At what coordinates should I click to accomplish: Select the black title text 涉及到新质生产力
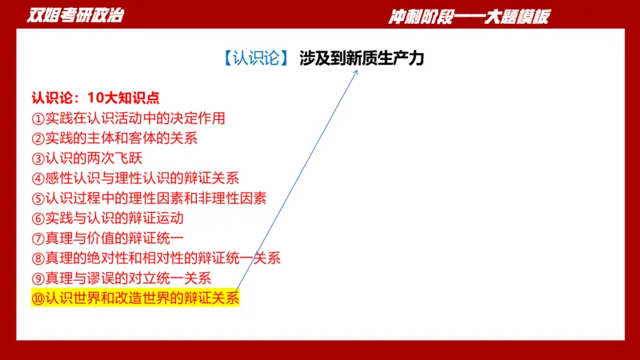pos(362,59)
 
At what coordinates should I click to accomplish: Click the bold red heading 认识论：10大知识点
pos(95,98)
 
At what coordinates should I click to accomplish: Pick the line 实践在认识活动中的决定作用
pos(128,118)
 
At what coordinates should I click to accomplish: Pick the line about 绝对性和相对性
pos(156,258)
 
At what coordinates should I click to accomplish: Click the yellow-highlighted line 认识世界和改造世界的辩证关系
pos(135,298)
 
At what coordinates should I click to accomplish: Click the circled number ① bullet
pos(38,118)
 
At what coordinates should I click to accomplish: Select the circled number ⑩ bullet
pos(38,298)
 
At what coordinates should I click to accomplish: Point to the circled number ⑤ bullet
pos(38,198)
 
